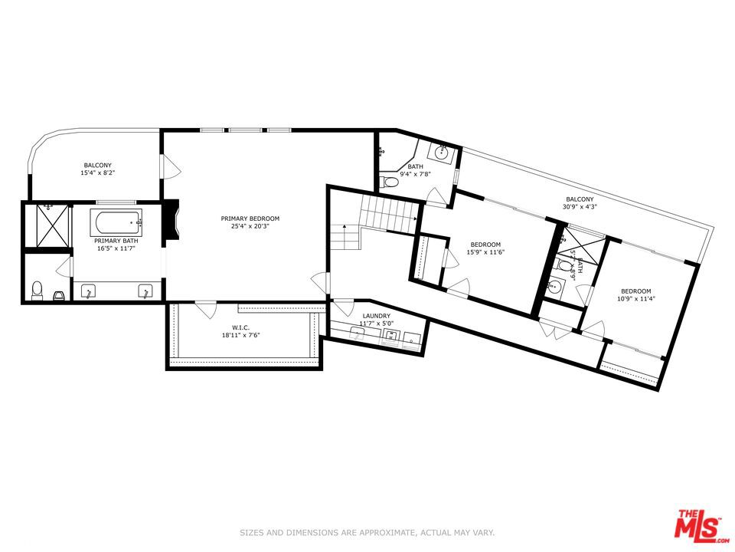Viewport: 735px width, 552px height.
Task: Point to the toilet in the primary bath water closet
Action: click(37, 290)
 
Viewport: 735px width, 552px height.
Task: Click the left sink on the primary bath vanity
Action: click(90, 291)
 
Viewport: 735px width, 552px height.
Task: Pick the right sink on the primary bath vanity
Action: click(144, 291)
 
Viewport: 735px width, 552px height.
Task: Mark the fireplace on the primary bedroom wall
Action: click(173, 220)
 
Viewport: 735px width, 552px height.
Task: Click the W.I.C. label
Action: click(241, 327)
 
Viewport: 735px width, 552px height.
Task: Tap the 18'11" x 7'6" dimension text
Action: click(241, 334)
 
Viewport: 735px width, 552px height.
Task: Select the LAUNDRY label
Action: click(376, 316)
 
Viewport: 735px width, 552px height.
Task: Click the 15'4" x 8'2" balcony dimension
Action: click(97, 173)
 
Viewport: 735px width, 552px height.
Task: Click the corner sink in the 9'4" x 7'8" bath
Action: click(442, 152)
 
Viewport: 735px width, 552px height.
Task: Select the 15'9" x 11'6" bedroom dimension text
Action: click(485, 253)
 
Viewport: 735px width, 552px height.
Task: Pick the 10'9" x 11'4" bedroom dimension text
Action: click(635, 299)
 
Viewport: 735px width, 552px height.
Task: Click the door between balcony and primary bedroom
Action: click(167, 164)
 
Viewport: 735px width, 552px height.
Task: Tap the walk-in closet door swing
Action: click(204, 310)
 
